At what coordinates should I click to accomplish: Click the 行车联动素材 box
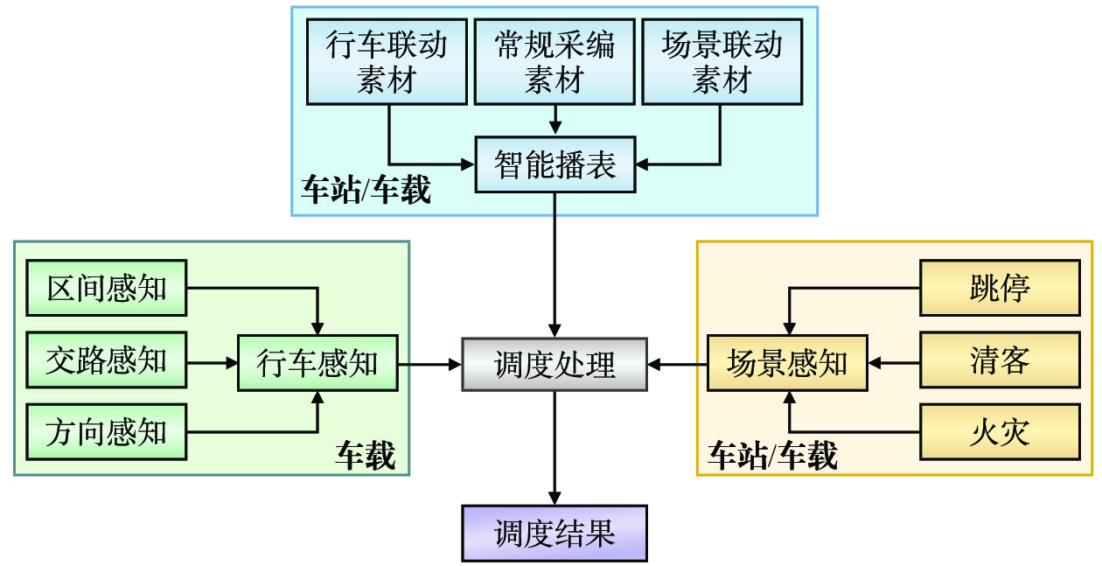(x=387, y=62)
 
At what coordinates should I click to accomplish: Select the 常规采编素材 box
(x=554, y=62)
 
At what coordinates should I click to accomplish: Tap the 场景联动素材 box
(x=722, y=62)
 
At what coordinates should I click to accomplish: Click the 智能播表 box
(x=554, y=164)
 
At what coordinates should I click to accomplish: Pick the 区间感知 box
(x=107, y=288)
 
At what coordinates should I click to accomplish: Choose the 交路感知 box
(x=107, y=360)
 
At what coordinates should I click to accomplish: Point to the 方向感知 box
(x=107, y=432)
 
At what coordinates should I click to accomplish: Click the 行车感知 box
(x=317, y=363)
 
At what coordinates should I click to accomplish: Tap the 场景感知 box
(x=787, y=363)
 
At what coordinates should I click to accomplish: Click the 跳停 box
(x=1000, y=288)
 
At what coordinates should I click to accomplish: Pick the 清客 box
(x=1000, y=360)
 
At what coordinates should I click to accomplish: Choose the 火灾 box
(x=1000, y=432)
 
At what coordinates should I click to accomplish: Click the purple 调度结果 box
(x=554, y=533)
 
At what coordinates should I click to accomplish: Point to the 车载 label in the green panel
(x=366, y=455)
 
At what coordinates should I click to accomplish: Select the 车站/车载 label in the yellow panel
(x=772, y=455)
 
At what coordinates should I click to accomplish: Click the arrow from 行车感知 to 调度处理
(x=429, y=363)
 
